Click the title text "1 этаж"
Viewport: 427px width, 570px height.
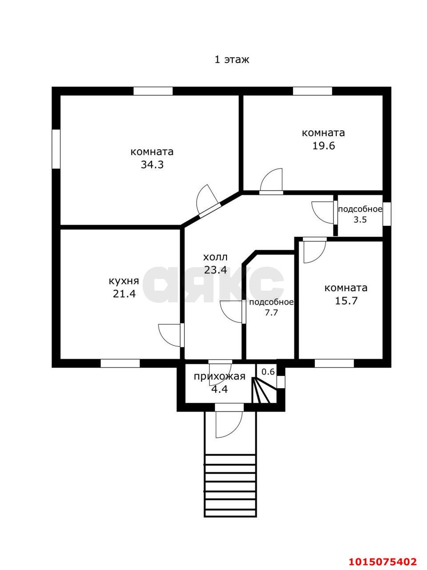(232, 60)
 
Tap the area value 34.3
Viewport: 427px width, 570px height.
(152, 165)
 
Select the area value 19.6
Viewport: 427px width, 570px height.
(323, 146)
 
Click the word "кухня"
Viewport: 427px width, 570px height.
(124, 281)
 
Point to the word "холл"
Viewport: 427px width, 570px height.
(215, 257)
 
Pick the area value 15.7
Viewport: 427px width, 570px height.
(346, 301)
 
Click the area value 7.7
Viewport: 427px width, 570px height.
(271, 313)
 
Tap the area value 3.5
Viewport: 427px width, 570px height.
(360, 220)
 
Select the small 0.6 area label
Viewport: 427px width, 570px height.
(268, 371)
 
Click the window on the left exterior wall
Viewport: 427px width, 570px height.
(56, 149)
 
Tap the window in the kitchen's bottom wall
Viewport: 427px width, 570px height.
(120, 363)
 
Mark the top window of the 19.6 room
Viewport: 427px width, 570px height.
(312, 91)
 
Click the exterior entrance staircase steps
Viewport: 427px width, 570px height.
(230, 485)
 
